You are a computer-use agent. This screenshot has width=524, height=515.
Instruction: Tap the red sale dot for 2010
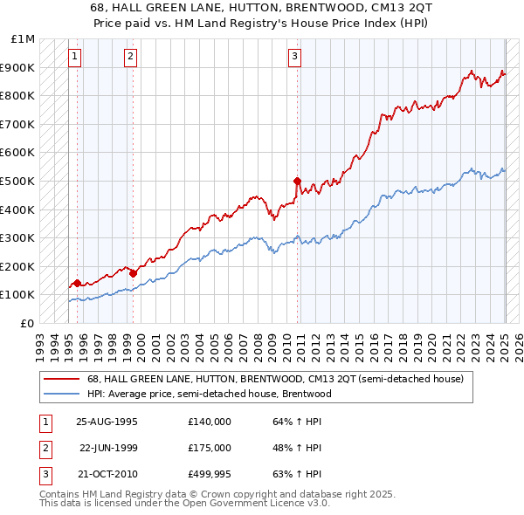(x=297, y=182)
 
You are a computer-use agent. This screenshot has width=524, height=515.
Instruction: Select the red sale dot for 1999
(x=133, y=273)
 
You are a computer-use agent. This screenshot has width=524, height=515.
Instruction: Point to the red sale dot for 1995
(x=77, y=283)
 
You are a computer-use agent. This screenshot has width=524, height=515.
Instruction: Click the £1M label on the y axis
(x=23, y=39)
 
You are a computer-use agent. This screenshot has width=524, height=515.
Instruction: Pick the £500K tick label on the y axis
(x=19, y=181)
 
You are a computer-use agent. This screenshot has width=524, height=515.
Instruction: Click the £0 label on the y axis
(x=28, y=323)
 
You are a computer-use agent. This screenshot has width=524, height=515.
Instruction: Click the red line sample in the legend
(x=62, y=378)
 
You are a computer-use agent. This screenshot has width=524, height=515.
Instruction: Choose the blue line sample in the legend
(x=62, y=394)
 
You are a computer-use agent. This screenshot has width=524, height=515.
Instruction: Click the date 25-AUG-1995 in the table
(x=107, y=422)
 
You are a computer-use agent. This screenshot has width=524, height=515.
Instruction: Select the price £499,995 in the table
(x=210, y=476)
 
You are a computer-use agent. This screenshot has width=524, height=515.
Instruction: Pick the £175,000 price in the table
(x=210, y=449)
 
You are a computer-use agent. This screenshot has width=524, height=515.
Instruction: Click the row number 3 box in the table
(x=44, y=477)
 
